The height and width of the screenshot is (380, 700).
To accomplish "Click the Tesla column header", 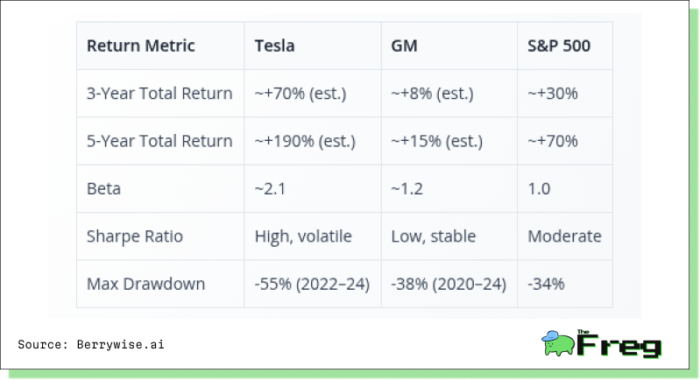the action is pos(274,46).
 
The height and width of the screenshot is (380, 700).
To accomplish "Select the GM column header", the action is pos(404,46).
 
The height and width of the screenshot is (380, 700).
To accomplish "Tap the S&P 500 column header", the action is pos(559,46).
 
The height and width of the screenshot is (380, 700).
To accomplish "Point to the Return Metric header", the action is pos(141,46).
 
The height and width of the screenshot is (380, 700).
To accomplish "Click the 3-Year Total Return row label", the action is pos(159,93).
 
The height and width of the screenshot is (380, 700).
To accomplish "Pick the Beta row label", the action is pos(103,188).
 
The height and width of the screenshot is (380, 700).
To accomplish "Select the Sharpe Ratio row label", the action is pos(135,236).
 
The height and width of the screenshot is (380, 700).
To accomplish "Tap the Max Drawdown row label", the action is pos(145,284).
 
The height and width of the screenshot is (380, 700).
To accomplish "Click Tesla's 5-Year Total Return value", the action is pos(305,141).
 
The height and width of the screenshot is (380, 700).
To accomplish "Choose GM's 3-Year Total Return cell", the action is pos(432,93).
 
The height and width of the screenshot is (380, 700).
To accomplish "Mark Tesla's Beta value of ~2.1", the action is pos(270,188).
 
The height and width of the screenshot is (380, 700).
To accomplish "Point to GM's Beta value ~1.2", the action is pos(407,188).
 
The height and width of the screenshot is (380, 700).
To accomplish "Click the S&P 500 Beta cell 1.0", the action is pos(539,188).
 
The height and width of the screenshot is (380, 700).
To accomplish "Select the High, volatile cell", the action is pos(303,236).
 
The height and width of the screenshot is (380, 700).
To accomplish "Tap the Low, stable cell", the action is pos(434,236).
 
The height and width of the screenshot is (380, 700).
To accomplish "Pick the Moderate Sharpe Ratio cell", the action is pos(564,236).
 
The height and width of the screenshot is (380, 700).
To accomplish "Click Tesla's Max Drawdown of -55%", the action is pos(312,284).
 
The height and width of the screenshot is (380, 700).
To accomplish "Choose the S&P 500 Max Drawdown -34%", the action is pos(546,284).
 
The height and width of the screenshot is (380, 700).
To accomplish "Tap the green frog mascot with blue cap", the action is pos(558,343).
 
